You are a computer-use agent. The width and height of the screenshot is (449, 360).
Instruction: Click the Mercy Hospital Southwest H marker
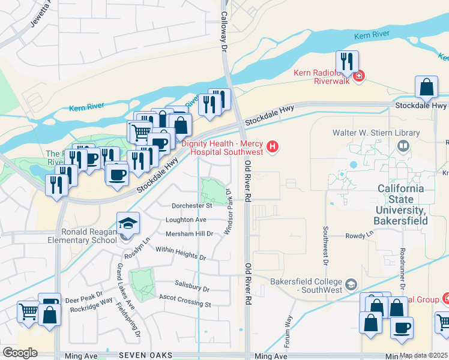pyautogui.click(x=273, y=146)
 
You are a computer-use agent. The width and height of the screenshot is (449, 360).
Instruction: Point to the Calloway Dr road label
pyautogui.click(x=225, y=24)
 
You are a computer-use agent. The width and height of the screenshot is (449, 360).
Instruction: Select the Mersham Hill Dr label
pyautogui.click(x=189, y=233)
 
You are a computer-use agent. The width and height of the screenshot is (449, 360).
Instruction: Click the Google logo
pyautogui.click(x=20, y=353)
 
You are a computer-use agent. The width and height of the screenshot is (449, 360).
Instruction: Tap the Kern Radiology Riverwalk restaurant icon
pyautogui.click(x=347, y=61)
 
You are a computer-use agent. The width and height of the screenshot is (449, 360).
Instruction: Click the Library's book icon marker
pyautogui.click(x=403, y=146)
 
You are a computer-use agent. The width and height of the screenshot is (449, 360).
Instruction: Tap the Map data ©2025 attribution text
pyautogui.click(x=423, y=355)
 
